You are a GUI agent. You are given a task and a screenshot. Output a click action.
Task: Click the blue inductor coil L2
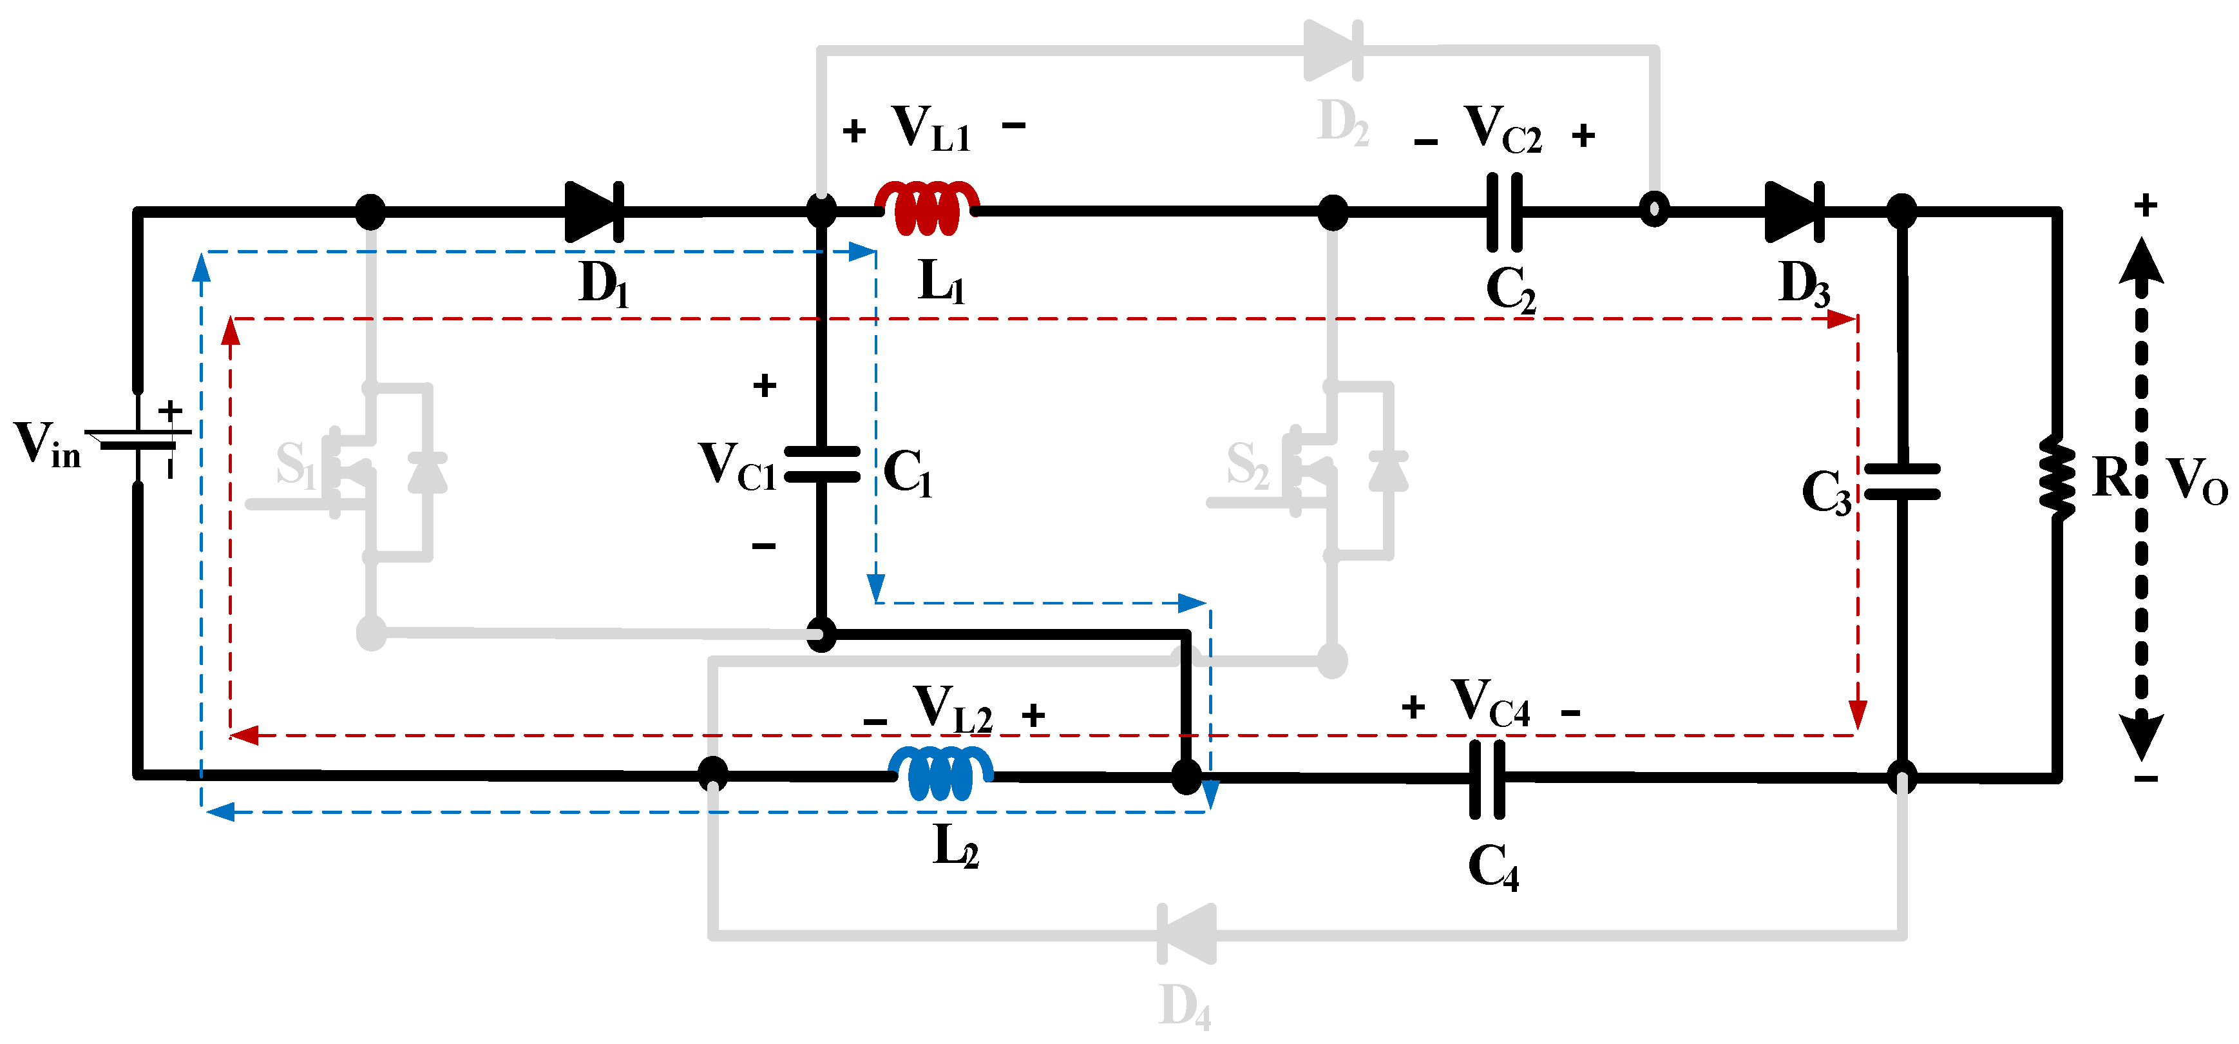[940, 773]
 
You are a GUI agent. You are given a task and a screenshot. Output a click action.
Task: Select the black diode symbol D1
[595, 211]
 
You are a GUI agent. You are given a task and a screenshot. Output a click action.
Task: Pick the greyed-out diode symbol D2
[1334, 50]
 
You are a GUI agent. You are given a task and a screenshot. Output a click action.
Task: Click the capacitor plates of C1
[821, 464]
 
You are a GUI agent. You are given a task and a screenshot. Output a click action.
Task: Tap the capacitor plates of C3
[1901, 481]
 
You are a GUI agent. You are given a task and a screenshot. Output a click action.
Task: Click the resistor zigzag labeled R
[2057, 478]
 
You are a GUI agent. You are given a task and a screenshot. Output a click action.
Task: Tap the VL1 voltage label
[930, 129]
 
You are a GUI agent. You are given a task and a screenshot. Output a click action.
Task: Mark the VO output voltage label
[2196, 480]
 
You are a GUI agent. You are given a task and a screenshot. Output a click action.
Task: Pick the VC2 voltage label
[1502, 130]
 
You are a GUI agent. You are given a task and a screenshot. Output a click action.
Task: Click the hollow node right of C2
[1654, 209]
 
